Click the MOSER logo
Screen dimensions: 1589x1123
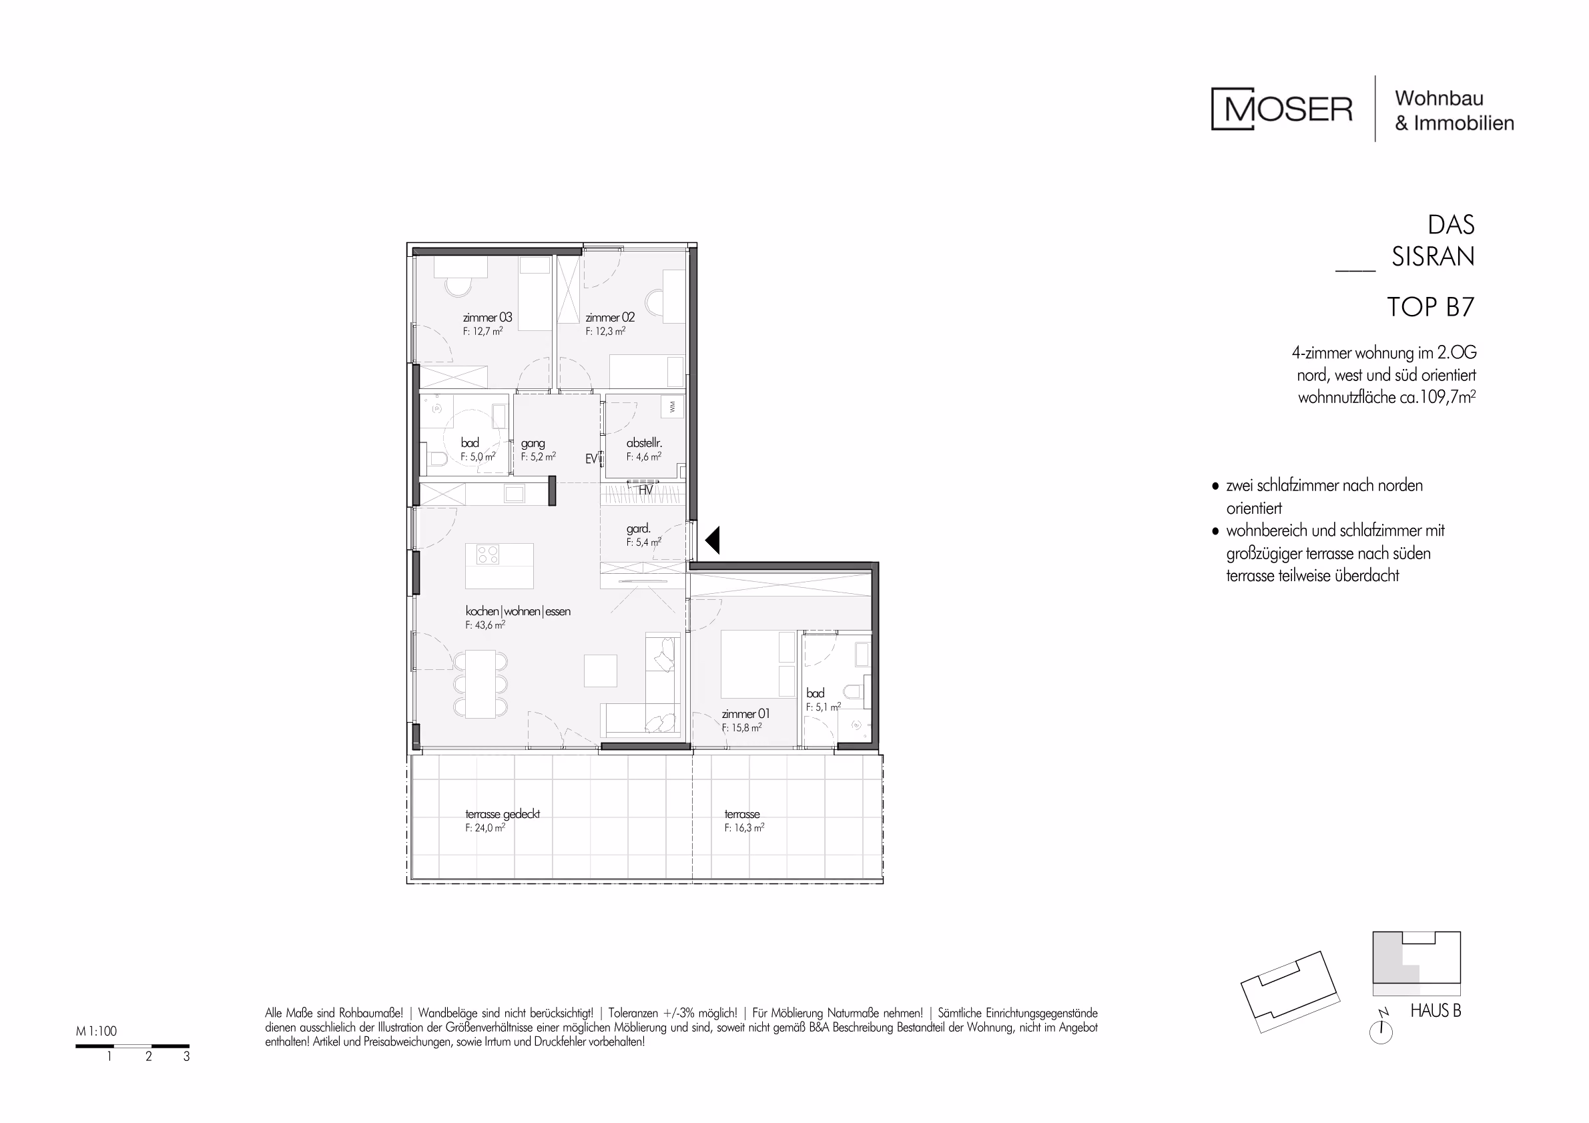tap(1282, 109)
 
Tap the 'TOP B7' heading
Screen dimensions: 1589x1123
tap(1431, 307)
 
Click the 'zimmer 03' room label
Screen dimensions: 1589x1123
tap(487, 318)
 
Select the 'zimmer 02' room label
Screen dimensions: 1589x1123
tap(610, 318)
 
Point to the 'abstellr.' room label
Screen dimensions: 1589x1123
tap(643, 443)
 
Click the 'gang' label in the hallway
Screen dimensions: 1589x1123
tap(533, 444)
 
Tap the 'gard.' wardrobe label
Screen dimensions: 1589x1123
tap(638, 529)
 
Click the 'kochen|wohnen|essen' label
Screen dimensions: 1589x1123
tap(518, 611)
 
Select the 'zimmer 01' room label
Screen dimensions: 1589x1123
tap(745, 713)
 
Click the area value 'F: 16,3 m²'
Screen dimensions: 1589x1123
tap(744, 827)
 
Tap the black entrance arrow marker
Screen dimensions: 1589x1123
tap(713, 540)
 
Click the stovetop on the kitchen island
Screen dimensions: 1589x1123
tap(488, 555)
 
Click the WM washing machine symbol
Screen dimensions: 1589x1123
tap(671, 408)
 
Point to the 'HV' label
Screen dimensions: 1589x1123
tap(646, 490)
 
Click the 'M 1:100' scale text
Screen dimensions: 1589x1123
tap(96, 1031)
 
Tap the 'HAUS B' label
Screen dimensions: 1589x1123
tap(1436, 1011)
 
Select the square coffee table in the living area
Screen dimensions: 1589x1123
tap(600, 671)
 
